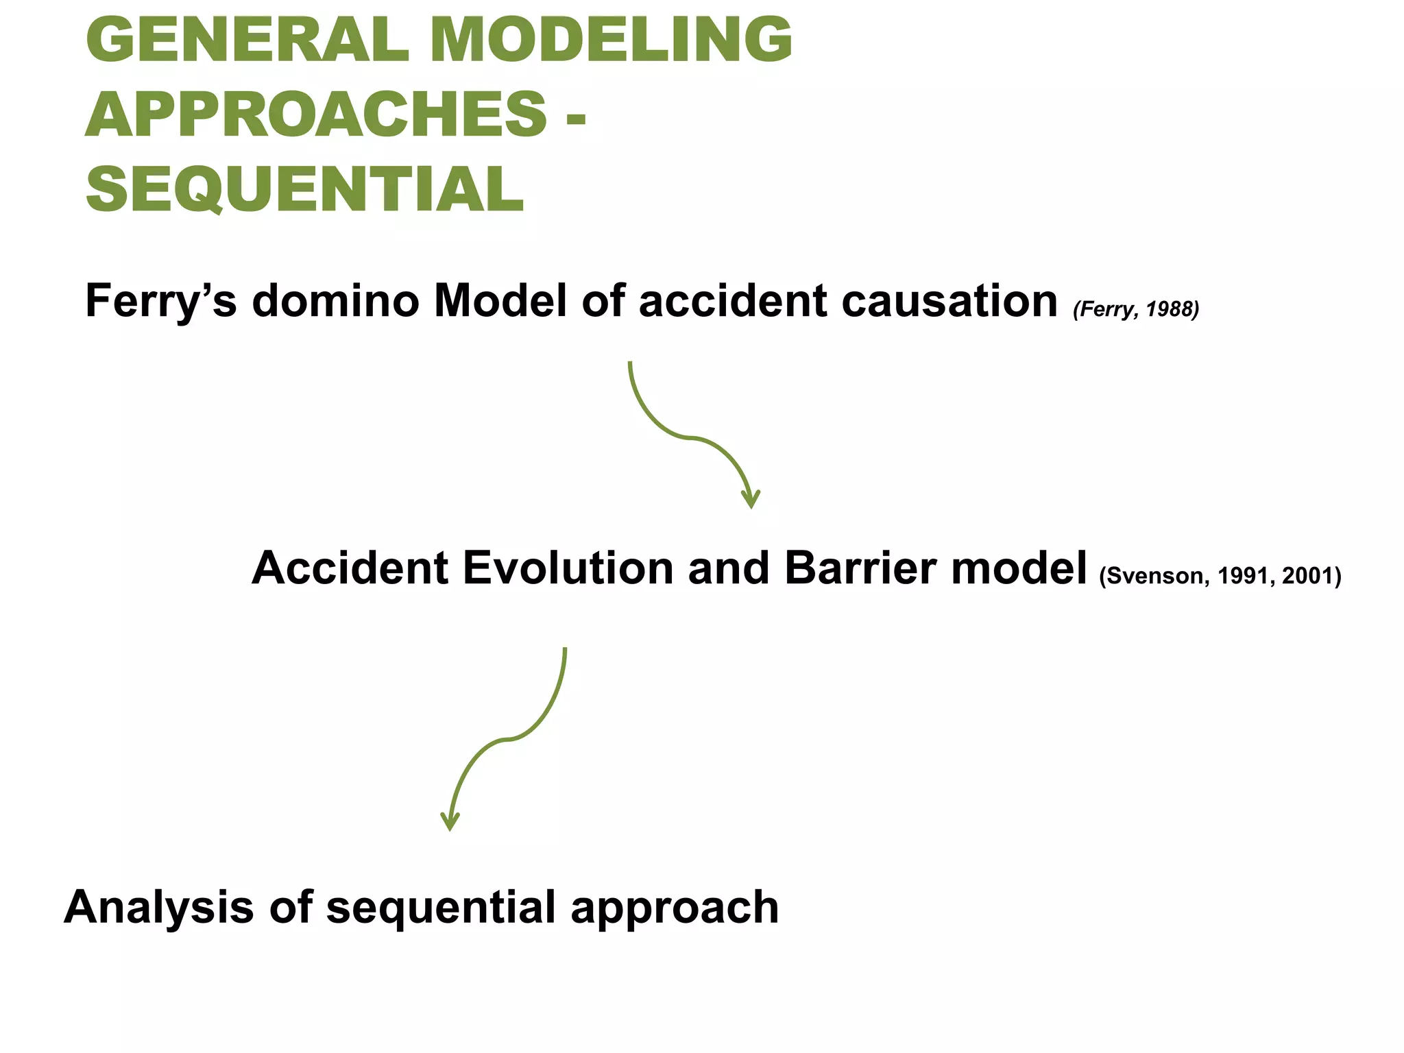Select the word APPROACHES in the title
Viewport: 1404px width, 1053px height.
(x=315, y=114)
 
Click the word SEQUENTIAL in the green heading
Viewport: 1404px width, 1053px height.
(x=304, y=190)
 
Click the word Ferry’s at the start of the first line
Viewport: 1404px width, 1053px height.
(x=160, y=302)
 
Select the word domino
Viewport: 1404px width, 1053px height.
(x=335, y=302)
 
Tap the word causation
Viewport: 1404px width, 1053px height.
(x=949, y=302)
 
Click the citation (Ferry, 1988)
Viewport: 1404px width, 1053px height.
(x=1136, y=309)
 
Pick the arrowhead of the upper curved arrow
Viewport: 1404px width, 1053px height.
(x=751, y=499)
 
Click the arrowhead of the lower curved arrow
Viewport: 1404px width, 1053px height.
(x=450, y=821)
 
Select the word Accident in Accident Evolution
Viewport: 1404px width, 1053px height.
(x=350, y=568)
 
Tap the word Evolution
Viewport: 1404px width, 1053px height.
(x=568, y=568)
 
